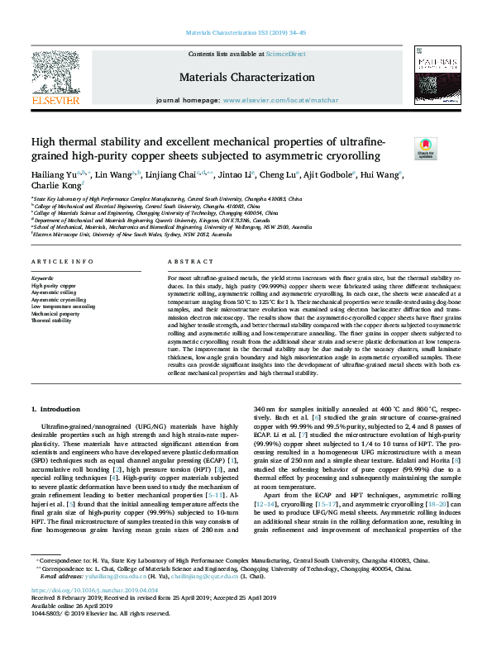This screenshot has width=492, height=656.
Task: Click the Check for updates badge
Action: pyautogui.click(x=425, y=149)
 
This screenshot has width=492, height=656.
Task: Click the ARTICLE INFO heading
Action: pyautogui.click(x=62, y=262)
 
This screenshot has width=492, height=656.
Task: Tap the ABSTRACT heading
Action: pyautogui.click(x=185, y=262)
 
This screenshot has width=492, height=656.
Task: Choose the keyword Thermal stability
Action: pyautogui.click(x=53, y=321)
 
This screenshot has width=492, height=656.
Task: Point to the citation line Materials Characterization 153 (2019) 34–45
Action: pyautogui.click(x=246, y=33)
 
